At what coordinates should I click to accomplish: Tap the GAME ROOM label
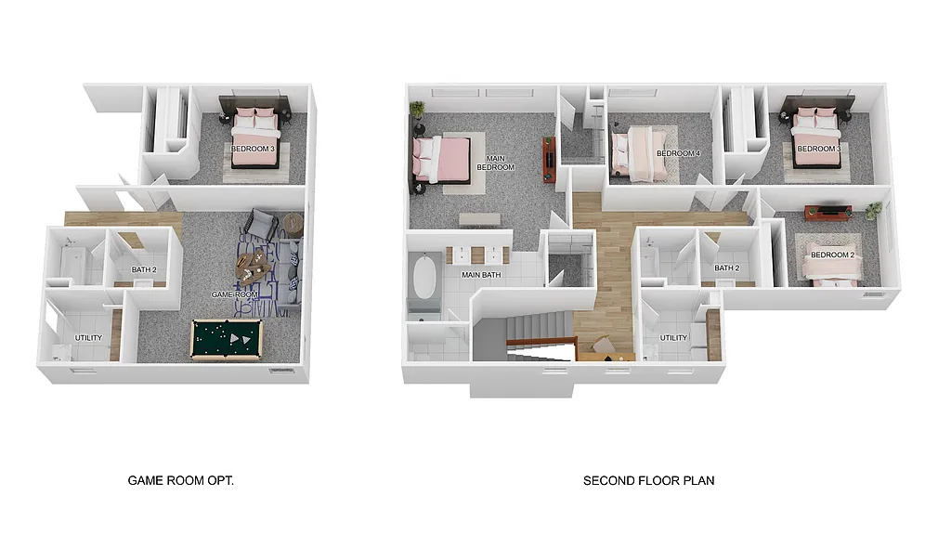click(x=233, y=294)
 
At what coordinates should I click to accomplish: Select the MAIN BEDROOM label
click(x=496, y=163)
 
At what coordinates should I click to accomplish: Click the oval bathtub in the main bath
click(x=424, y=277)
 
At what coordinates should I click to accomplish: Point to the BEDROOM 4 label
click(x=678, y=153)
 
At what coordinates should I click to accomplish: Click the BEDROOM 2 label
click(x=832, y=254)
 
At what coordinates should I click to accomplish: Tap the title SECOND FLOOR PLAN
click(x=648, y=481)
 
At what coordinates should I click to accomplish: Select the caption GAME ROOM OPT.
click(x=180, y=481)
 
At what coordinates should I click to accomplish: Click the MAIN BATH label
click(x=483, y=275)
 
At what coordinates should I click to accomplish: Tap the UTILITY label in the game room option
click(x=89, y=337)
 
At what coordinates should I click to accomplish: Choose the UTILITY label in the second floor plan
click(x=673, y=338)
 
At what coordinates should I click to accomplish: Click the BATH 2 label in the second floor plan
click(x=726, y=268)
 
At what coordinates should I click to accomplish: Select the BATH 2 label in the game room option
click(x=144, y=270)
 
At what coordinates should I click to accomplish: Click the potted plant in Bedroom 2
click(x=873, y=211)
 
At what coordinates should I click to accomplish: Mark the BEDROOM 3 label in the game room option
click(x=253, y=149)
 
